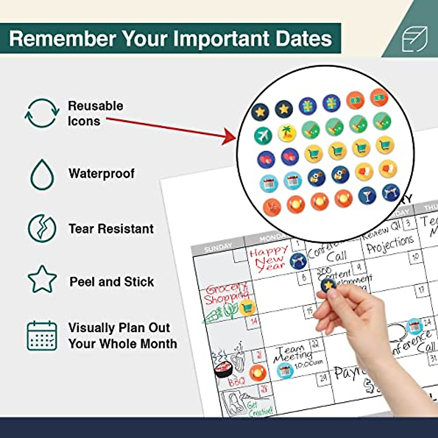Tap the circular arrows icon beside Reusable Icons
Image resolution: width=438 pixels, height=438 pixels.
42,113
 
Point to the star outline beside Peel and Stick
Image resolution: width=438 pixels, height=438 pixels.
42,279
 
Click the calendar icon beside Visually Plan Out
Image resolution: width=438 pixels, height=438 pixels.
42,336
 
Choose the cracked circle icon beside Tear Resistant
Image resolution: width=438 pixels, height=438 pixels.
42,228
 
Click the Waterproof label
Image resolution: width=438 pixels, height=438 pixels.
101,173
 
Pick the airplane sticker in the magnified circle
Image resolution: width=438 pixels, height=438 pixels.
263,135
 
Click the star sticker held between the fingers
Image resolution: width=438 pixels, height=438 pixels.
328,285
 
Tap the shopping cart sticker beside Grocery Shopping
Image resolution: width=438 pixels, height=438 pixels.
247,308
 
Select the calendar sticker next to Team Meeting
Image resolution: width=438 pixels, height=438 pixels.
285,371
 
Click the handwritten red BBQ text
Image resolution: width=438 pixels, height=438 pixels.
237,382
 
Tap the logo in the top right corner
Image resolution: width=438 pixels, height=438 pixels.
415,39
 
